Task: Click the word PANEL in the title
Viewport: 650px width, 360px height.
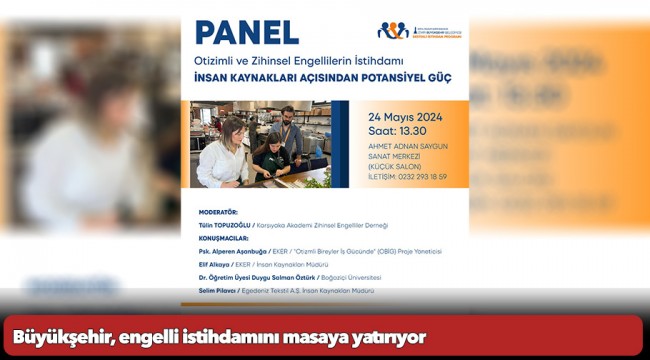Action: (x=246, y=32)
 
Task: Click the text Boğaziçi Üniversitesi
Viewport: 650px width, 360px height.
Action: (x=350, y=278)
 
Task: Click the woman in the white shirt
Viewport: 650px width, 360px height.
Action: (x=221, y=155)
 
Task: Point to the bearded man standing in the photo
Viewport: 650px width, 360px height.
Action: (x=287, y=131)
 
